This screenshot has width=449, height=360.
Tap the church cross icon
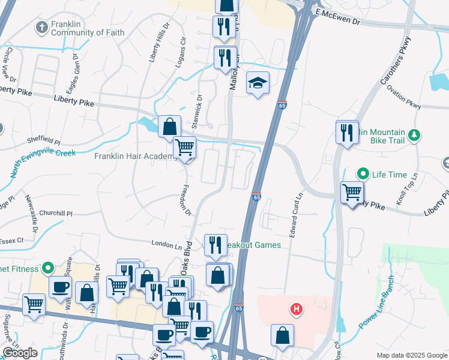coord(41,27)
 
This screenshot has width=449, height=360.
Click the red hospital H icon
coord(295,310)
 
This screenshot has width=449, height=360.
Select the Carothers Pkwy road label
coord(395,60)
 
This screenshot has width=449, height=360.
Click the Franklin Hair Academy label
coord(136,157)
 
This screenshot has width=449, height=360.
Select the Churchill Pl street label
coord(55,213)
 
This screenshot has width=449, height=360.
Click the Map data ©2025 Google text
coord(411,355)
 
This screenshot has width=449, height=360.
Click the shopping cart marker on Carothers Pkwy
coord(352,193)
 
